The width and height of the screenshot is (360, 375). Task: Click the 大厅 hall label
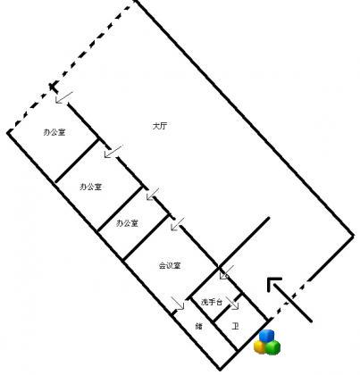[x=160, y=126]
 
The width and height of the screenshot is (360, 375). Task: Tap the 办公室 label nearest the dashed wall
[x=54, y=132]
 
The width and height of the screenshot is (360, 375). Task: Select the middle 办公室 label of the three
[x=91, y=187]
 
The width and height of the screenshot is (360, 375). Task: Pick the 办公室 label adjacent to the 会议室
[x=127, y=223]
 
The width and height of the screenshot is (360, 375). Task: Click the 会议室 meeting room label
[x=170, y=265]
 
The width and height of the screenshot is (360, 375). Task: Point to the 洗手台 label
[x=212, y=303]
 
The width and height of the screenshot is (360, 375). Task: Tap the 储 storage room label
[x=198, y=327]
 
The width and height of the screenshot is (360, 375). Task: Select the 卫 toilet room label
[x=235, y=327]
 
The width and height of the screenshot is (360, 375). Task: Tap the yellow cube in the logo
[x=260, y=346]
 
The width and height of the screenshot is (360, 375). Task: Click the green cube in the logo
[x=273, y=347]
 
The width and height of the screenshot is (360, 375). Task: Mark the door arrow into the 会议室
[x=178, y=224]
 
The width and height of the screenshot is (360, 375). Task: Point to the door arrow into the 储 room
[x=178, y=303]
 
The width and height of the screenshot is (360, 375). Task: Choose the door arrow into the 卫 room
[x=232, y=303]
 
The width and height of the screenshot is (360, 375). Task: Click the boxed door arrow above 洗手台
[x=227, y=272]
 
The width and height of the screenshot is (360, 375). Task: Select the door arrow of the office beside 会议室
[x=153, y=194]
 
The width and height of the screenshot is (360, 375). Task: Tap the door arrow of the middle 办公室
[x=113, y=151]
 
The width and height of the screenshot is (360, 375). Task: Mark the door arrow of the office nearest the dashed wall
[x=64, y=97]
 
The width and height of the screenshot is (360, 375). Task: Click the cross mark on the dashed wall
[x=53, y=87]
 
